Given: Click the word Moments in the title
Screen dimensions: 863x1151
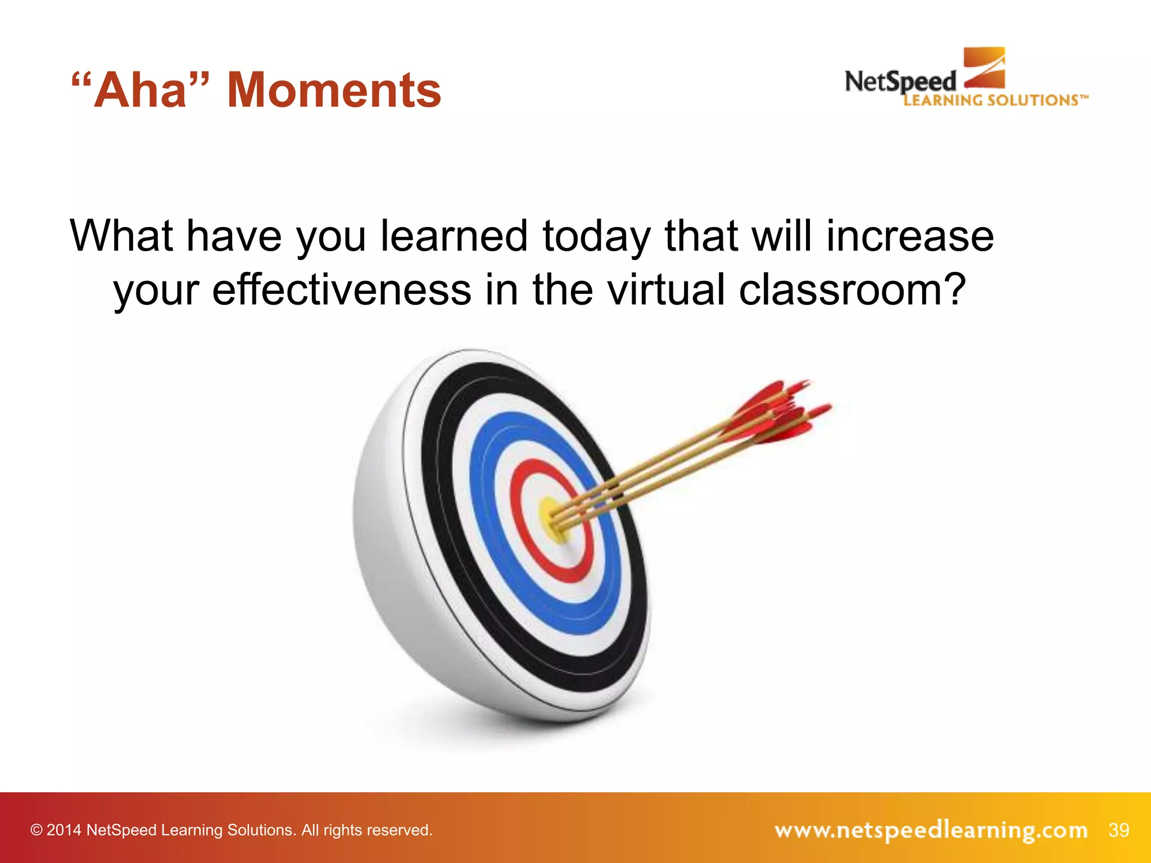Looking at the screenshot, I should (334, 90).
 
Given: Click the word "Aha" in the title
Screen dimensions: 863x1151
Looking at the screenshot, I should (141, 90).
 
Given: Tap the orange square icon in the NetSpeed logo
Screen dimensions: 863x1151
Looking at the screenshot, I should (985, 68).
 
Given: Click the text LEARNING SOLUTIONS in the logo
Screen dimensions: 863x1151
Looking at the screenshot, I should (991, 101).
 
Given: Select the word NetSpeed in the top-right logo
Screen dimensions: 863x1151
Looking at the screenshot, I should (900, 82).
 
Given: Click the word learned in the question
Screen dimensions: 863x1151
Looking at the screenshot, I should (454, 237).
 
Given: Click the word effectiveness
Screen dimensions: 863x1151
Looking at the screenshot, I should (341, 290).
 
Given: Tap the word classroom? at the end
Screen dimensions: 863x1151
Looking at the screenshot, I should (851, 290).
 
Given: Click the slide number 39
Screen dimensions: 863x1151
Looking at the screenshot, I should (1118, 830).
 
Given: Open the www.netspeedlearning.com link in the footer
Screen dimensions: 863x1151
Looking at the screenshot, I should (931, 830).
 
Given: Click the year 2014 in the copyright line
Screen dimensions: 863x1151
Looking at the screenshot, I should (64, 830).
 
